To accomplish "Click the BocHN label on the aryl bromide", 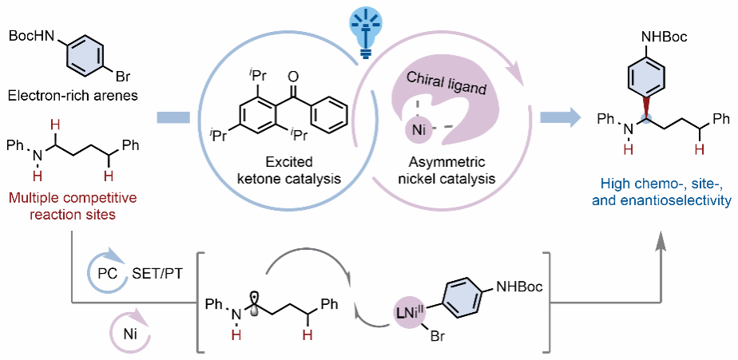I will [x=31, y=37].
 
